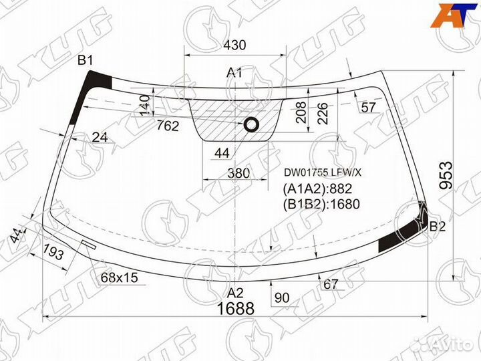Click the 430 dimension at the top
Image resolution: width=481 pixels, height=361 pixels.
tap(234, 45)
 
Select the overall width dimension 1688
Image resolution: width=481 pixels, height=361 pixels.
tap(236, 308)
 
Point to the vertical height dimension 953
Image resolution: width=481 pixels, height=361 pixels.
tap(446, 175)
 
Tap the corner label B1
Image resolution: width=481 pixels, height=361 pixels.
tap(85, 60)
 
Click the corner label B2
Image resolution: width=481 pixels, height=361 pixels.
tap(437, 226)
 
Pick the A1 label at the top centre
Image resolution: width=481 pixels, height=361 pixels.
tap(234, 73)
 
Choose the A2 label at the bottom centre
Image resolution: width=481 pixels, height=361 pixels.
tap(235, 293)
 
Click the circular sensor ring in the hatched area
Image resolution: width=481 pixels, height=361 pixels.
tap(251, 124)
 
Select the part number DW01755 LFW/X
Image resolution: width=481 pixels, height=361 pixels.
tap(323, 172)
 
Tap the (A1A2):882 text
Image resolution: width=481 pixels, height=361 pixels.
tap(317, 189)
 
